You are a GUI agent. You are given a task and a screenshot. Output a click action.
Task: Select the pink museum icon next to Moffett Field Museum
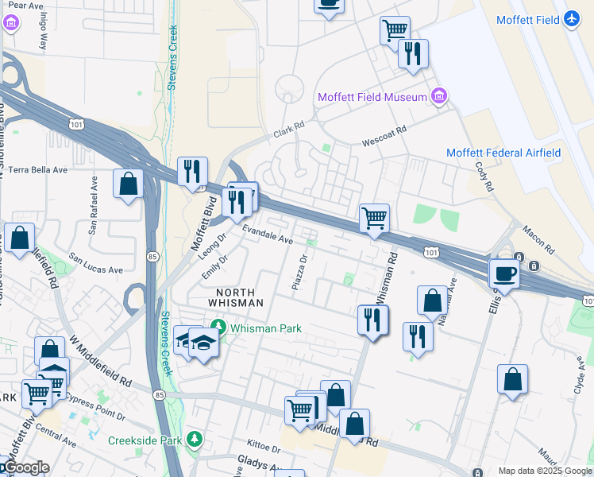(x=438, y=97)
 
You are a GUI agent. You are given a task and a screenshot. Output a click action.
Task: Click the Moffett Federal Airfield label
(x=503, y=153)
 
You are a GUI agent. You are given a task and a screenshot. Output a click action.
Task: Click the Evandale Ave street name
(x=268, y=235)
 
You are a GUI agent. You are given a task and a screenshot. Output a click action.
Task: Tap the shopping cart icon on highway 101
(x=374, y=216)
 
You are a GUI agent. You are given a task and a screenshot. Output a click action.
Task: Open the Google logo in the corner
(x=25, y=467)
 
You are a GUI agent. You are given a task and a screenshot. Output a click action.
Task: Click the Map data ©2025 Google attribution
(x=544, y=471)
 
